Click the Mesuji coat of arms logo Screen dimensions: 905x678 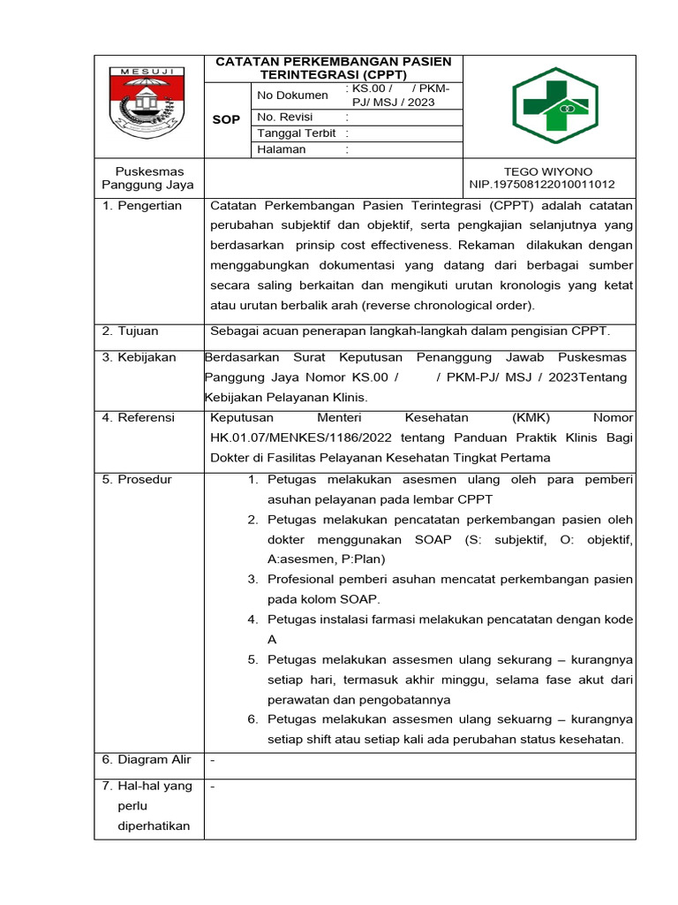pos(148,102)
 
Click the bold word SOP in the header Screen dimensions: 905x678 pos(227,119)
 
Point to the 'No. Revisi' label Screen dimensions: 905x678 pos(284,117)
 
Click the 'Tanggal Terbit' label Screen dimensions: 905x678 pos(296,133)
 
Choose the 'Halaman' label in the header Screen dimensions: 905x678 pos(282,149)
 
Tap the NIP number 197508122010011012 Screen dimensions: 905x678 pos(542,185)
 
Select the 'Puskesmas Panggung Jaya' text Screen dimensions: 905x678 pos(148,178)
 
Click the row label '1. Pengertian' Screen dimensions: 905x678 pos(141,206)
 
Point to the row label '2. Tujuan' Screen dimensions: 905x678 pos(131,331)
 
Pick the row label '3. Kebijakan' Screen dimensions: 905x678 pos(139,358)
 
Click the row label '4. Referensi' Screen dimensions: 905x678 pos(139,417)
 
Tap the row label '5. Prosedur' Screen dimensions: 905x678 pos(137,480)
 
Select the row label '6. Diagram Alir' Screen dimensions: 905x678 pos(146,760)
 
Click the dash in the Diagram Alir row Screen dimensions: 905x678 pos(213,760)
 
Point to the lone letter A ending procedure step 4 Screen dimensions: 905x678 pos(272,639)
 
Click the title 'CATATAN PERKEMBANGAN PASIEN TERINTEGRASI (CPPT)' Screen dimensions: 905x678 pos(334,67)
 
